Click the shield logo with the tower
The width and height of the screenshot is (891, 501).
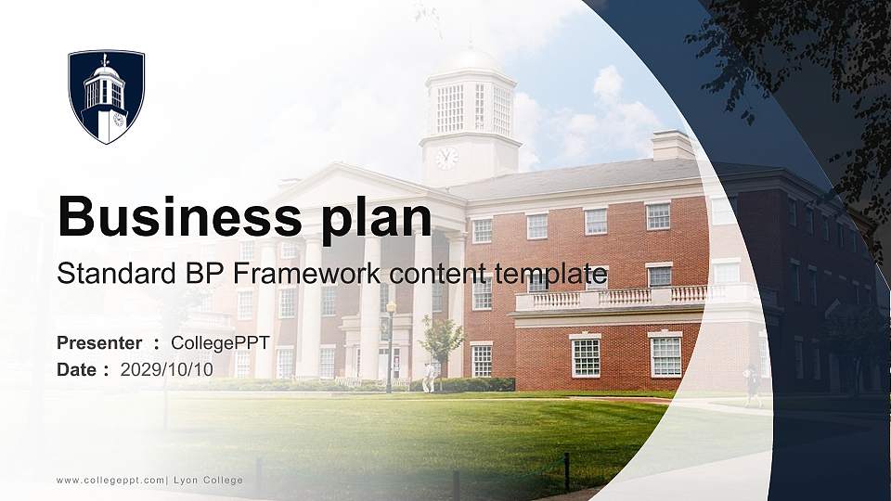[x=106, y=96]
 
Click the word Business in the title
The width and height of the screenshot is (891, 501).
[x=174, y=218]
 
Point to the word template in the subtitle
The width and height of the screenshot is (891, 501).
[x=549, y=275]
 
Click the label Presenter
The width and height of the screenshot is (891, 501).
[x=99, y=343]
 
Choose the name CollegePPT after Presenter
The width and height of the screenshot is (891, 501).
[x=220, y=343]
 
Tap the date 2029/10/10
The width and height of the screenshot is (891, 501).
[x=166, y=369]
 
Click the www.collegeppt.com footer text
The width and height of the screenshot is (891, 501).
[x=110, y=480]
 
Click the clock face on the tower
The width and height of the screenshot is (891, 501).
[x=446, y=158]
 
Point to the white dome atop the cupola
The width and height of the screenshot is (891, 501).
[x=470, y=61]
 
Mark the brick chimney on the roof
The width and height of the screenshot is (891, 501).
[x=672, y=145]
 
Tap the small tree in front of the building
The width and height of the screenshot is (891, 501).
[x=441, y=339]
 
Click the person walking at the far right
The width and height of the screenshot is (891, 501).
[x=752, y=385]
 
